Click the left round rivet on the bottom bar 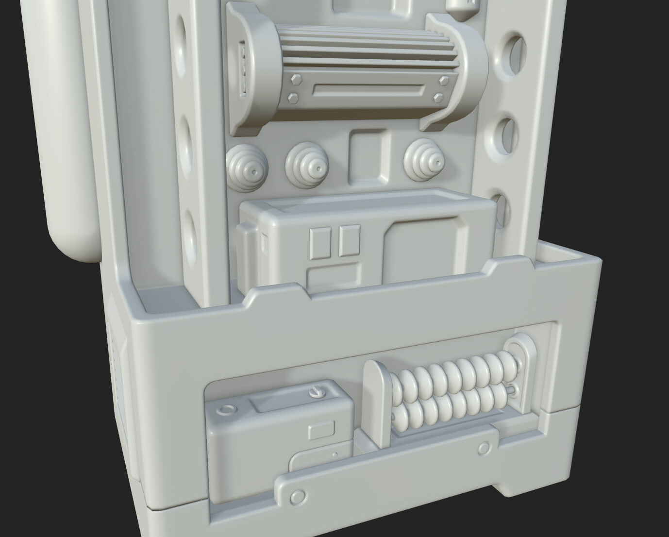click(x=297, y=496)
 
